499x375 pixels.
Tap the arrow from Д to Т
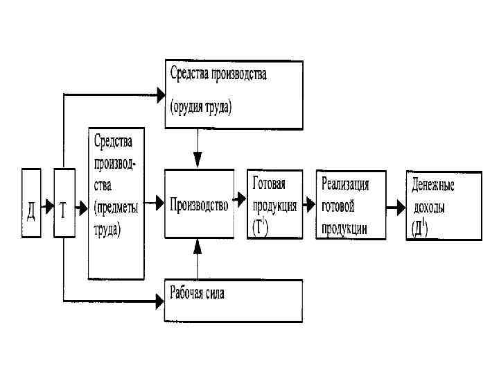click(x=47, y=205)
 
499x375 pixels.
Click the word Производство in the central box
click(x=199, y=204)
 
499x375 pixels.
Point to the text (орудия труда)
click(x=201, y=108)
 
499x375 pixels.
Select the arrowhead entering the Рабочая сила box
click(x=158, y=301)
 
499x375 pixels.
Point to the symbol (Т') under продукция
click(x=261, y=228)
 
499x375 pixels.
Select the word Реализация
click(x=344, y=184)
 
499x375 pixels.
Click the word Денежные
click(x=433, y=186)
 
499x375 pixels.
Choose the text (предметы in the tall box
click(x=115, y=206)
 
